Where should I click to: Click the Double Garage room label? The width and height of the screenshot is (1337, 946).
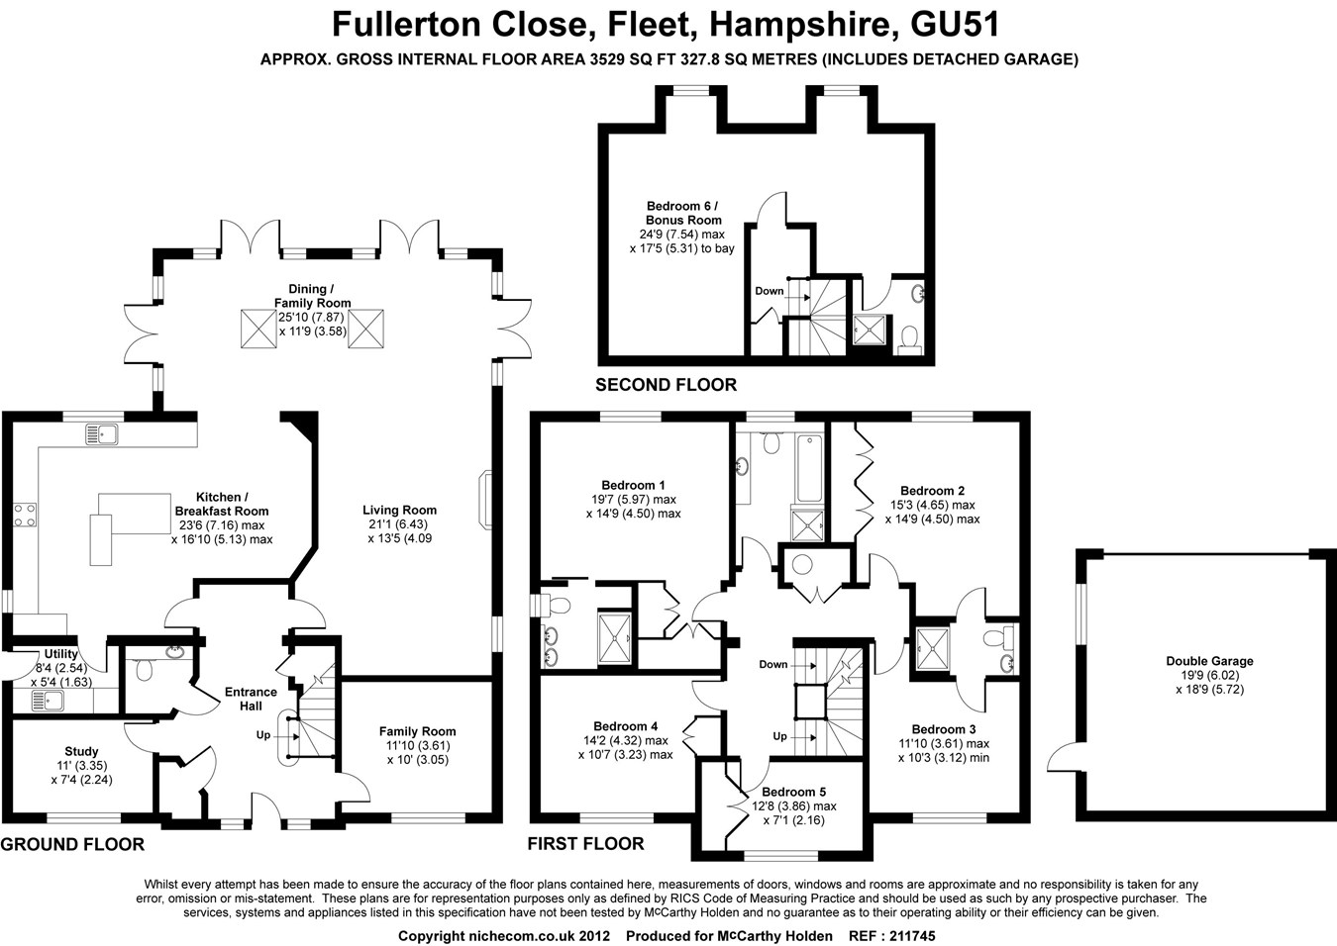1209,661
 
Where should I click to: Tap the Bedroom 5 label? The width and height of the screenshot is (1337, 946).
793,792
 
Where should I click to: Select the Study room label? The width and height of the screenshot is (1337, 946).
81,752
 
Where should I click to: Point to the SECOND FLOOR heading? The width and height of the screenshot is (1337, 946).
666,385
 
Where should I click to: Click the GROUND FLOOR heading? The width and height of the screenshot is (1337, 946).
72,844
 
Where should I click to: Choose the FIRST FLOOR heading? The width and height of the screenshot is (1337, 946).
585,844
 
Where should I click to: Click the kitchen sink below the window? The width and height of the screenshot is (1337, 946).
101,432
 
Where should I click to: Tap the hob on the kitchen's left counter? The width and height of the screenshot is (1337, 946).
25,514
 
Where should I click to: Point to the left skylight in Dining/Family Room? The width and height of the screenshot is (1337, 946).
258,328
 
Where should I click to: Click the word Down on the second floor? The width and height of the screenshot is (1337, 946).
770,291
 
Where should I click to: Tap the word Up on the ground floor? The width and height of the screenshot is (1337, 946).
263,735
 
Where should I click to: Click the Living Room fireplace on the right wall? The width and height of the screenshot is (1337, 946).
485,501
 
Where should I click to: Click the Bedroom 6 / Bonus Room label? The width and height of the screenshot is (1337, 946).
682,213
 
